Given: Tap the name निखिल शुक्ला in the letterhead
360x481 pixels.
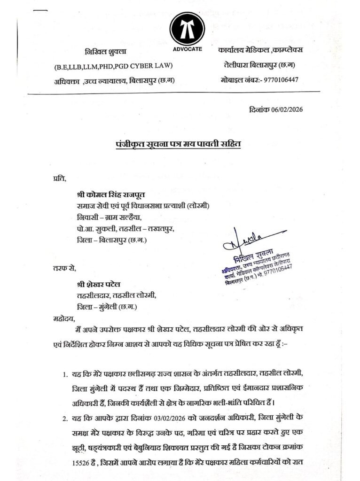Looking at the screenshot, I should click(x=106, y=51).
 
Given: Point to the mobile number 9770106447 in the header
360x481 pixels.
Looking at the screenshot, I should click(x=281, y=80).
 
